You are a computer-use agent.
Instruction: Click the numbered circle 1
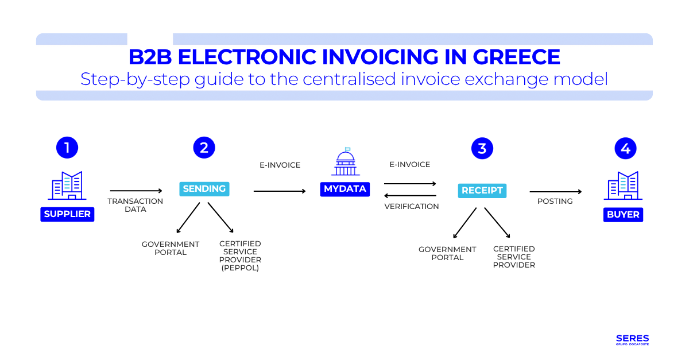pyautogui.click(x=67, y=148)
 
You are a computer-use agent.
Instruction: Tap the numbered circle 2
pyautogui.click(x=204, y=148)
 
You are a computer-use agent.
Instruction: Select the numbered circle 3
pyautogui.click(x=482, y=148)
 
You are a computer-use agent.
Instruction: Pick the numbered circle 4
pyautogui.click(x=625, y=148)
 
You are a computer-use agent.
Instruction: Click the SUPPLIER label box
pyautogui.click(x=67, y=214)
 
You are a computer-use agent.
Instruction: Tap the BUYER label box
pyautogui.click(x=623, y=214)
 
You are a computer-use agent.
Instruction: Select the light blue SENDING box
pyautogui.click(x=204, y=189)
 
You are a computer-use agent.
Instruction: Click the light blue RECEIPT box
pyautogui.click(x=482, y=191)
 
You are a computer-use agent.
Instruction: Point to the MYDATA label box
pyautogui.click(x=344, y=189)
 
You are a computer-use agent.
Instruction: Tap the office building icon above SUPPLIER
pyautogui.click(x=67, y=185)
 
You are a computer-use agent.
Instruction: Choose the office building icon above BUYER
pyautogui.click(x=623, y=185)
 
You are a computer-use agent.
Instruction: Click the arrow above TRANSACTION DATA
pyautogui.click(x=136, y=191)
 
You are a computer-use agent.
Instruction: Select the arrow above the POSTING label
pyautogui.click(x=555, y=192)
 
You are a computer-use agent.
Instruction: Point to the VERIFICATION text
pyautogui.click(x=412, y=206)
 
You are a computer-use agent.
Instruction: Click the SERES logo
pyautogui.click(x=632, y=339)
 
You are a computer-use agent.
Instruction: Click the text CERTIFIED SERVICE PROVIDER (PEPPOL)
pyautogui.click(x=240, y=256)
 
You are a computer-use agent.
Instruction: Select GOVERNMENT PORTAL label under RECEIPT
pyautogui.click(x=447, y=253)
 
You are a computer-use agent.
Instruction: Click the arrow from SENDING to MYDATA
pyautogui.click(x=280, y=191)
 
